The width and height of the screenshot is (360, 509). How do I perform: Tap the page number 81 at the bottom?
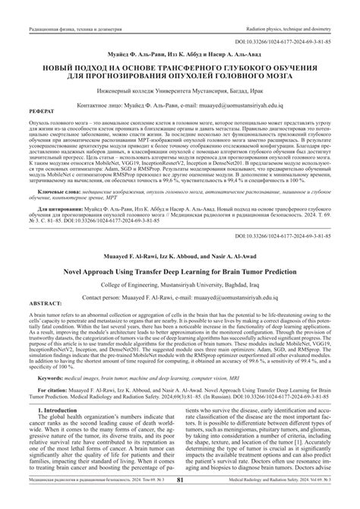(x=180, y=501)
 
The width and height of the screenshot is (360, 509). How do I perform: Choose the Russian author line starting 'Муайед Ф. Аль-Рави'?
(x=180, y=53)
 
